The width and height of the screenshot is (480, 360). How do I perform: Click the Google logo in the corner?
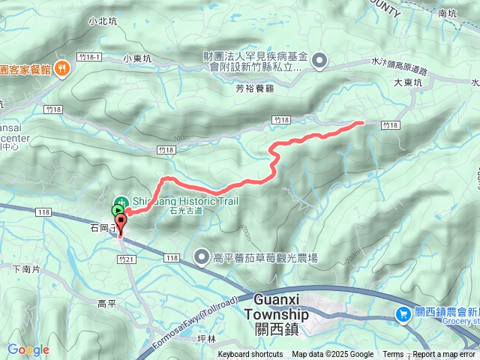tap(28, 349)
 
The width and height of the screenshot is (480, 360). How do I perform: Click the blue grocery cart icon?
tap(403, 314)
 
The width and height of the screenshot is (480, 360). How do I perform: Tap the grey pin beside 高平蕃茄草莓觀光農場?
tap(202, 258)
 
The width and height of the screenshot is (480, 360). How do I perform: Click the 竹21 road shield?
tap(126, 258)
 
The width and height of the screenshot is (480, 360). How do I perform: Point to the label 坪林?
tap(205, 339)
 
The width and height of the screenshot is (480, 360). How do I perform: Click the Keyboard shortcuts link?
tap(250, 355)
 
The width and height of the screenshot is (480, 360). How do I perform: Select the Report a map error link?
tap(445, 355)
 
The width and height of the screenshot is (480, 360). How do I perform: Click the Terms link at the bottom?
tap(393, 355)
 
